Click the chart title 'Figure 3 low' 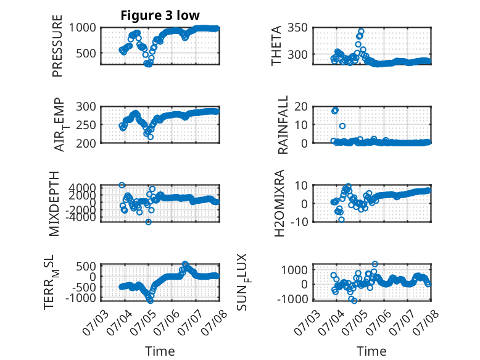coord(160,15)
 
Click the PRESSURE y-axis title coord(57,46)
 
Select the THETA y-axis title coord(276,46)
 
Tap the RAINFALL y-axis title coord(283,124)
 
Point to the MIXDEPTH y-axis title coord(54,204)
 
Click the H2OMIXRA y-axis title coord(279,203)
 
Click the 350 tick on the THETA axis coord(297,28)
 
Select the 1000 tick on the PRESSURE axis coord(82,28)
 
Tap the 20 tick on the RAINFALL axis coord(301,107)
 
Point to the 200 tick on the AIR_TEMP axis coord(86,143)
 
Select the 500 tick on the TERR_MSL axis coord(86,266)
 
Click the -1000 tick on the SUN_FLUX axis coord(292,299)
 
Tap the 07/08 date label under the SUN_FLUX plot coord(426,322)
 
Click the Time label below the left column coord(160,351)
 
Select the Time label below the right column coord(371,351)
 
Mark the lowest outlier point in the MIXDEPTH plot coord(149,222)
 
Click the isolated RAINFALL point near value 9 coord(342,126)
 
